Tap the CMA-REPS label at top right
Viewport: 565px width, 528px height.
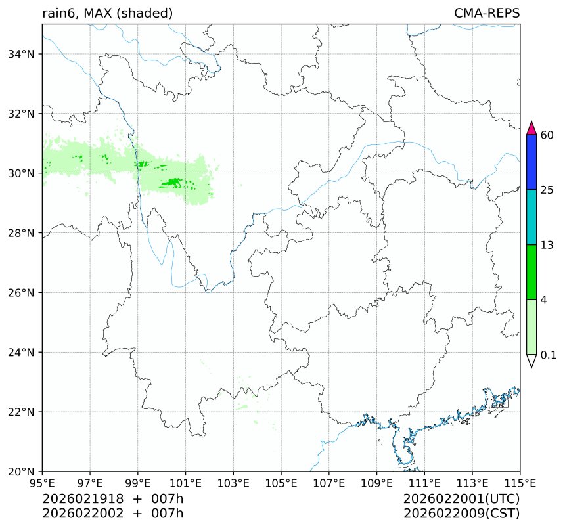[x=487, y=13]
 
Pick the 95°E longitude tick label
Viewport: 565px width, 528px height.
[x=43, y=484]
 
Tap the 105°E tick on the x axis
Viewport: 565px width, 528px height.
[x=281, y=484]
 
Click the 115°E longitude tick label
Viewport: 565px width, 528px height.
[x=520, y=484]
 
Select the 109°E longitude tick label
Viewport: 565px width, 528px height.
[x=377, y=484]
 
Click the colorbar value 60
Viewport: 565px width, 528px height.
[x=547, y=135]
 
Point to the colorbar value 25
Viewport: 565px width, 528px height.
[x=547, y=190]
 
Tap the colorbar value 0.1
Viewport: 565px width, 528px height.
[x=549, y=355]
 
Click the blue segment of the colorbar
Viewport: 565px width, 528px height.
[x=533, y=162]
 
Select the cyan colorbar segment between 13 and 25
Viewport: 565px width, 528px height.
[x=533, y=217]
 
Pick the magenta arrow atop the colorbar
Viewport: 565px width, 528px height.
[x=533, y=127]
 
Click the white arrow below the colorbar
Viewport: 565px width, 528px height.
[x=533, y=361]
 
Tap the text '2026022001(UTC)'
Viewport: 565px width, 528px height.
[x=462, y=499]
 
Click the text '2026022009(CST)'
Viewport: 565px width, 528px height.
[x=462, y=513]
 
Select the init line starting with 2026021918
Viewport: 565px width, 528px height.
[x=112, y=499]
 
